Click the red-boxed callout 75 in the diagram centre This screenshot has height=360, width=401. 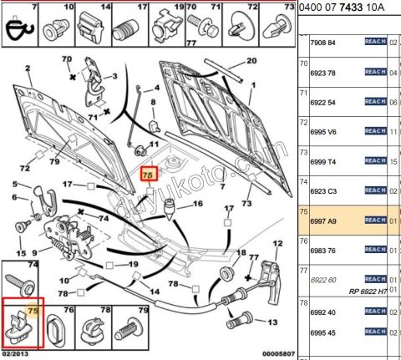coord(147,175)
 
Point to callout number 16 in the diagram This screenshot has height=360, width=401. coord(198,203)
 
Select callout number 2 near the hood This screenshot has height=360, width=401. coord(28,68)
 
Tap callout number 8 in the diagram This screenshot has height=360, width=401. coord(153,101)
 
